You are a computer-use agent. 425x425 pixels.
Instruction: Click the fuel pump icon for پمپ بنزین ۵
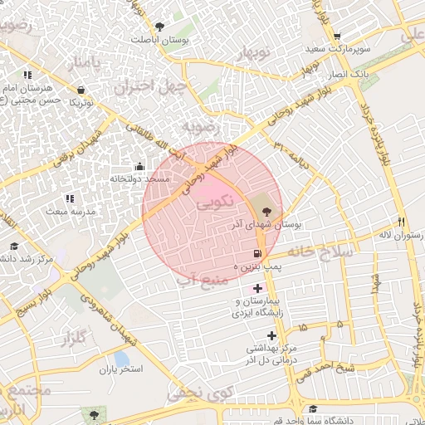pos(257,253)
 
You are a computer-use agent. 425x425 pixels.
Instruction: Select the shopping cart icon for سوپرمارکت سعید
pos(337,37)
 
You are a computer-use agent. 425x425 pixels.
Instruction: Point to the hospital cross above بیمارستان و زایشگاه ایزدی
pos(257,287)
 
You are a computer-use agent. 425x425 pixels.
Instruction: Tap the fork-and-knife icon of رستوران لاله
pos(402,222)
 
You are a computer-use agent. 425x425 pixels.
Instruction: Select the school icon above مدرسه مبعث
pos(70,198)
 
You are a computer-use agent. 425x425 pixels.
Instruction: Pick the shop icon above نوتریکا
pos(81,90)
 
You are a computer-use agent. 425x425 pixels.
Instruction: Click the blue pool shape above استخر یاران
pos(121,358)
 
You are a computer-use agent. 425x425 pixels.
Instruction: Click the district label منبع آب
pos(202,280)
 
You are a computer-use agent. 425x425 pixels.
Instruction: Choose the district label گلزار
pos(72,338)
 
